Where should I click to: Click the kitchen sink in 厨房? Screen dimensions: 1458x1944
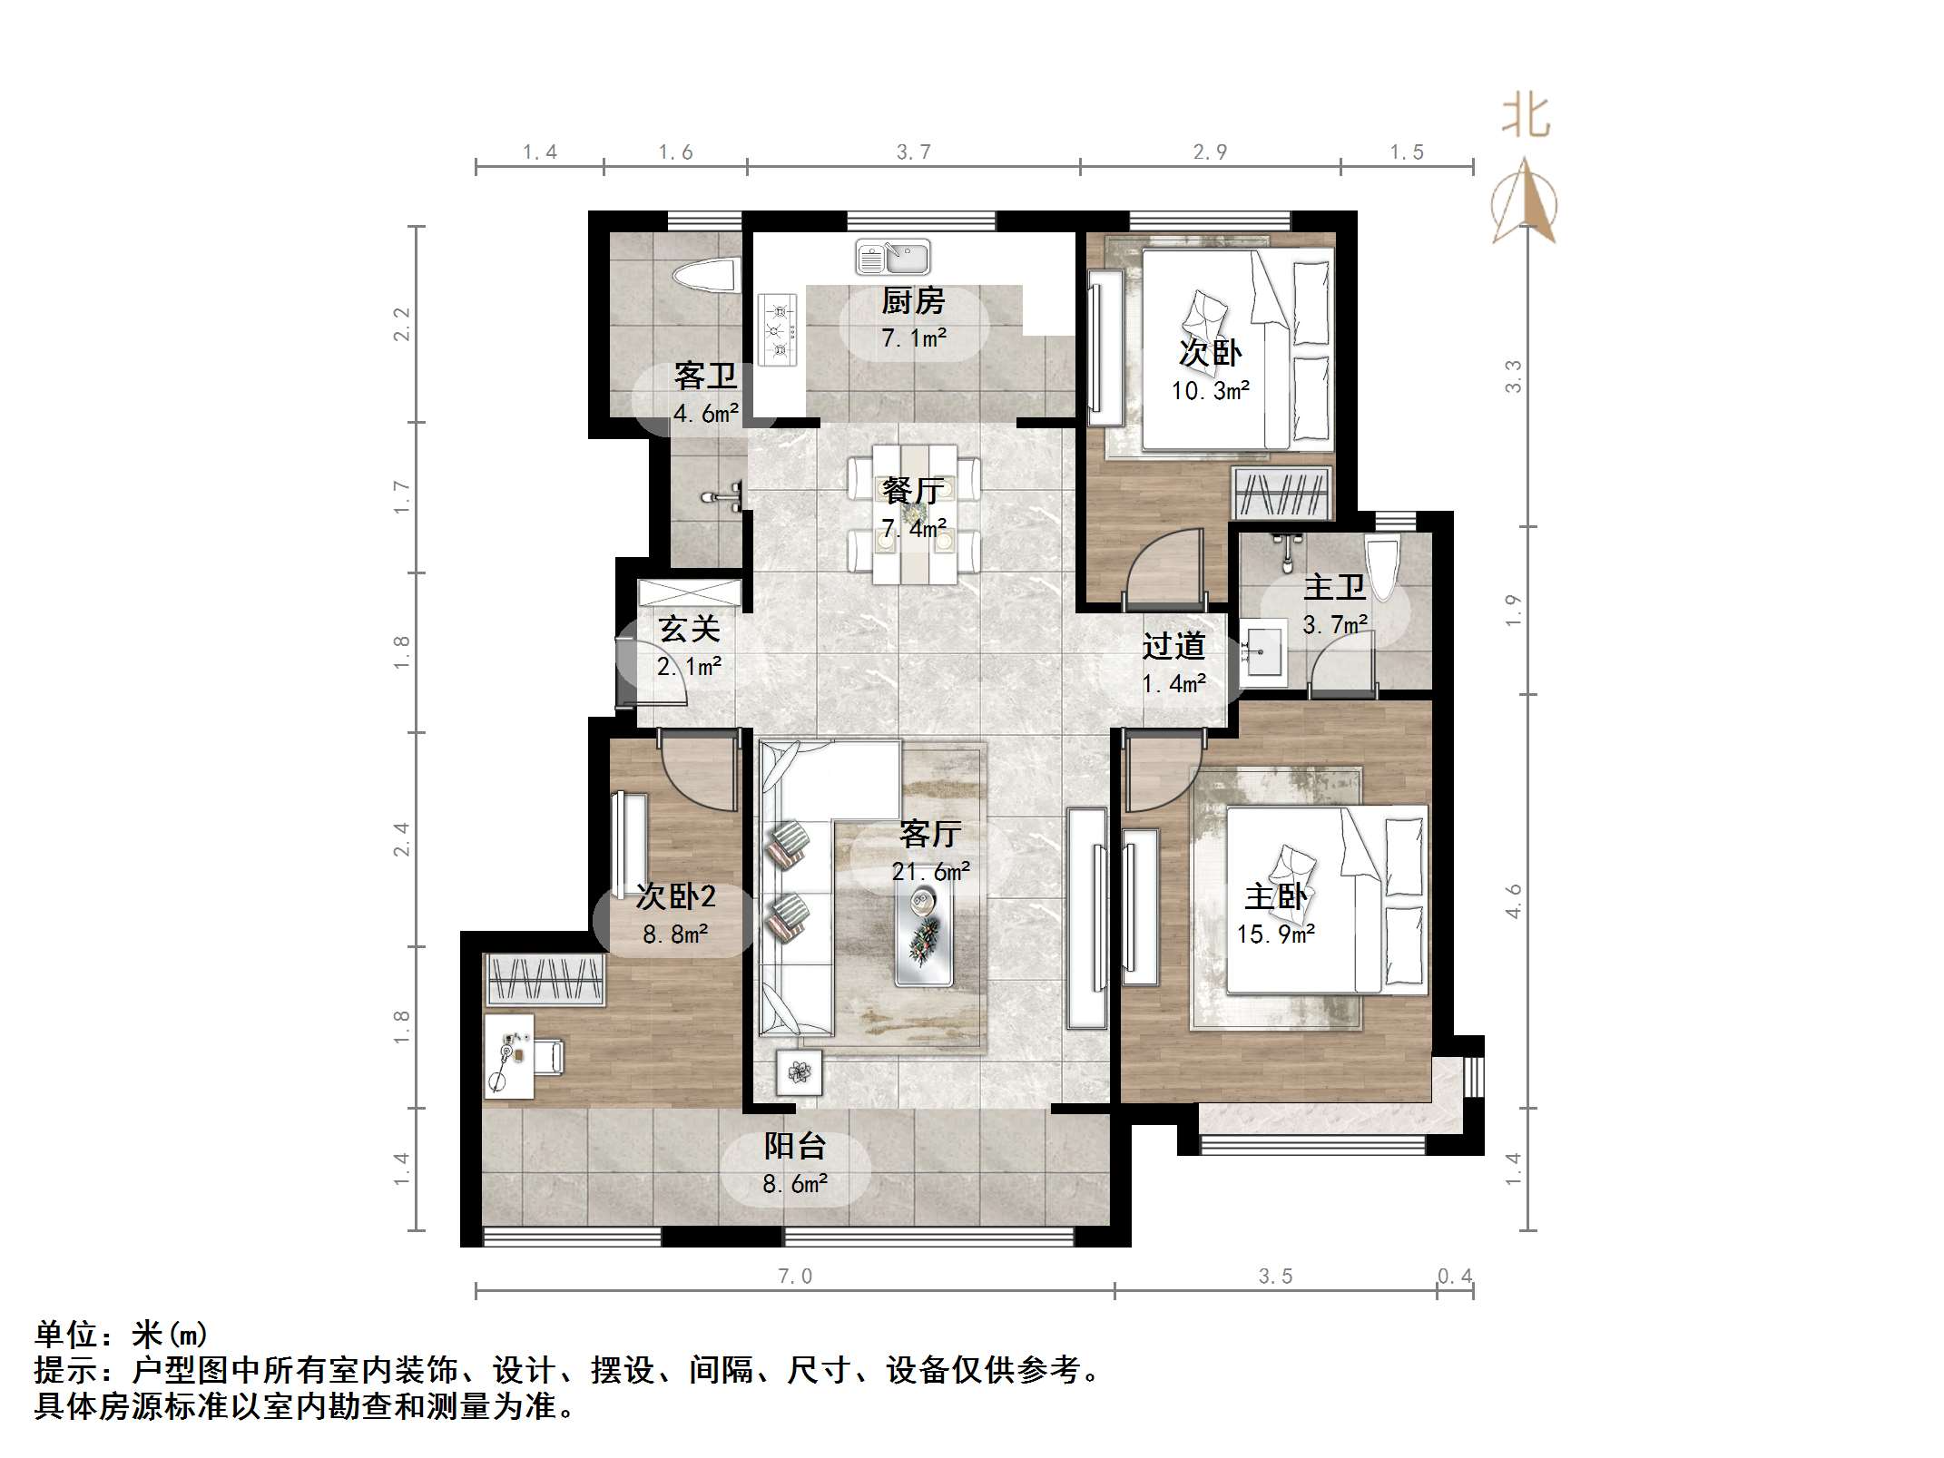pyautogui.click(x=892, y=258)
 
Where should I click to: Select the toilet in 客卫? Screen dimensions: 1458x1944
pyautogui.click(x=705, y=276)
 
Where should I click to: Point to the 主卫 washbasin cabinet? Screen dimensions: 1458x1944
pyautogui.click(x=1263, y=650)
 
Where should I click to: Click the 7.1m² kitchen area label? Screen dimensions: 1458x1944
pyautogui.click(x=914, y=339)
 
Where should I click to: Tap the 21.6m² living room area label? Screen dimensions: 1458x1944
pyautogui.click(x=931, y=872)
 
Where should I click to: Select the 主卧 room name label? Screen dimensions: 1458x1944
pyautogui.click(x=1275, y=896)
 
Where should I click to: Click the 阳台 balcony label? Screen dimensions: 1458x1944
pyautogui.click(x=795, y=1146)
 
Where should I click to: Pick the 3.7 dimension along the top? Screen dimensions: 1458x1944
pyautogui.click(x=914, y=152)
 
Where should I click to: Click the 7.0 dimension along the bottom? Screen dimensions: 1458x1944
pyautogui.click(x=795, y=1277)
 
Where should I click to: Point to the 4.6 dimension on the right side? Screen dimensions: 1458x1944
pyautogui.click(x=1514, y=901)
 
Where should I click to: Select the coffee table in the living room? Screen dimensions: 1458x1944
pyautogui.click(x=924, y=935)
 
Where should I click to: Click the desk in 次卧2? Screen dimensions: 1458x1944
pyautogui.click(x=508, y=1056)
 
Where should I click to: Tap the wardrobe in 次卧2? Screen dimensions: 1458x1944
pyautogui.click(x=545, y=979)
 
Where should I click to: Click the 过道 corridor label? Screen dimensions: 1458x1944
pyautogui.click(x=1173, y=646)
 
